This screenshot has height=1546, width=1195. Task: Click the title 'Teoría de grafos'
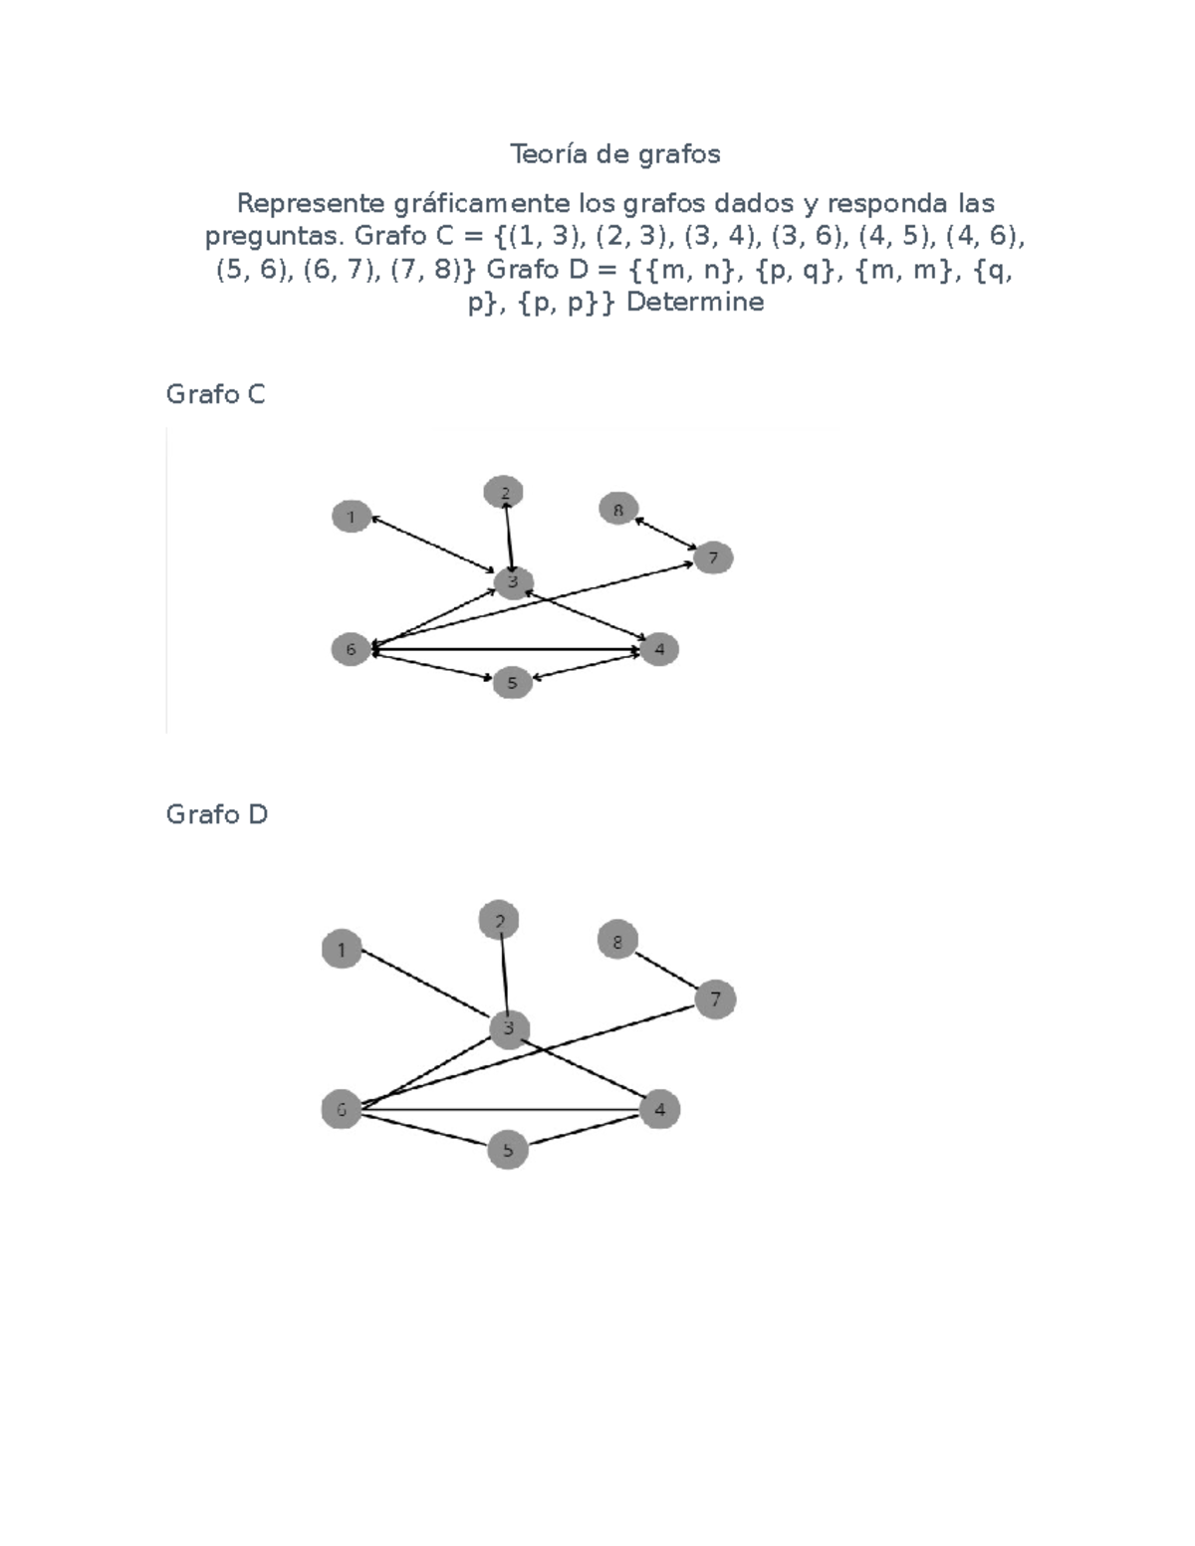pos(615,154)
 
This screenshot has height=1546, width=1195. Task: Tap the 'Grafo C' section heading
pos(215,394)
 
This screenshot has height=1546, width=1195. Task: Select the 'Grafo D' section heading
pos(216,814)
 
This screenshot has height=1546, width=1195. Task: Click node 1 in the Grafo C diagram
pos(352,517)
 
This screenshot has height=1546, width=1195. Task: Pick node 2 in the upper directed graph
pos(503,492)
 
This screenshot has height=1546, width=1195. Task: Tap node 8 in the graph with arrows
pos(617,509)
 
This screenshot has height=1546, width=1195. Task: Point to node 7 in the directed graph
pos(712,557)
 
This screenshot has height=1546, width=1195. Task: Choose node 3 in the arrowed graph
pos(513,582)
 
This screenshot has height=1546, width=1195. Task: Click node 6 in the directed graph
pos(352,650)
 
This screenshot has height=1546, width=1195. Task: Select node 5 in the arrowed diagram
pos(513,683)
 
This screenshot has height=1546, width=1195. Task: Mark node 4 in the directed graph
pos(659,649)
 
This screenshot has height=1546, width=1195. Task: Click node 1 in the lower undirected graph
pos(342,949)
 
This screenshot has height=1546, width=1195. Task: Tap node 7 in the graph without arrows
pos(715,998)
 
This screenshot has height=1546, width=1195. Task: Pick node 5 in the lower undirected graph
pos(508,1150)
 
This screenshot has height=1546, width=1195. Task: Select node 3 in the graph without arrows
pos(509,1028)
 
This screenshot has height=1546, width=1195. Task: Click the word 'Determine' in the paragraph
pos(695,303)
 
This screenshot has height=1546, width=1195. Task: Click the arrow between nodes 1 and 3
pos(433,545)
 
